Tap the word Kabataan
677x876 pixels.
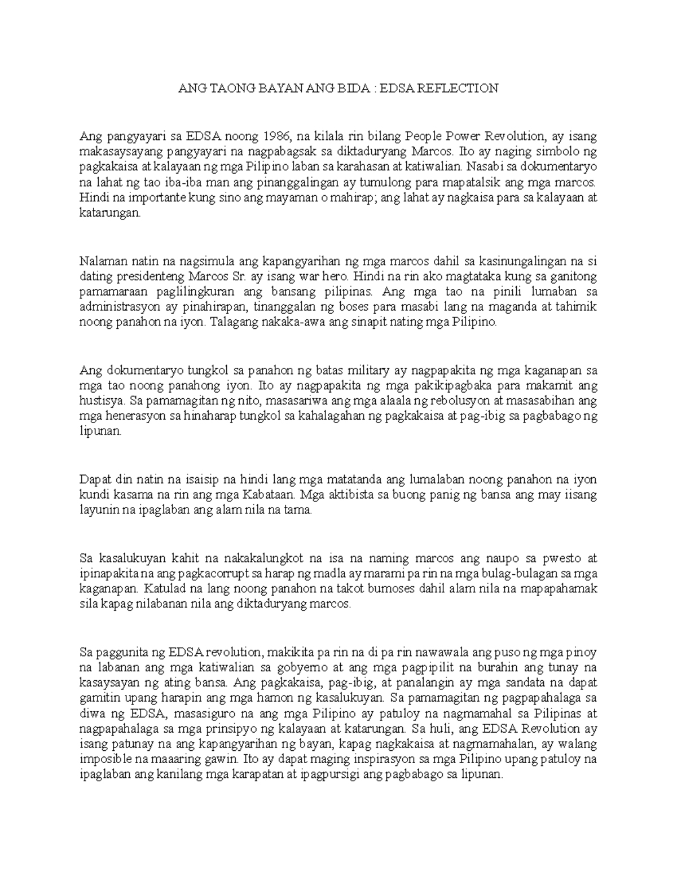[269, 495]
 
